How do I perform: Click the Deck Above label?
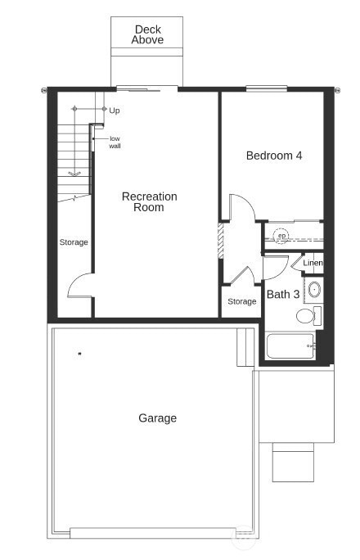point(148,34)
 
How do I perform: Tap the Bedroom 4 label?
point(274,156)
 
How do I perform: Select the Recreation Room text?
point(149,202)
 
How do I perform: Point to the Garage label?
point(157,418)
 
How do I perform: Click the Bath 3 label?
point(283,294)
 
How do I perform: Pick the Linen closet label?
point(313,264)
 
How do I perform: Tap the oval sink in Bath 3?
point(314,288)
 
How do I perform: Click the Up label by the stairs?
point(115,110)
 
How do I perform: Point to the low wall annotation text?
point(115,142)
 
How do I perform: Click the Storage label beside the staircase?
point(74,242)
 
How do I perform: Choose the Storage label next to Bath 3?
point(241,302)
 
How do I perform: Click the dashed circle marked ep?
point(281,236)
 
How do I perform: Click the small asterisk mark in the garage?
point(79,354)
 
